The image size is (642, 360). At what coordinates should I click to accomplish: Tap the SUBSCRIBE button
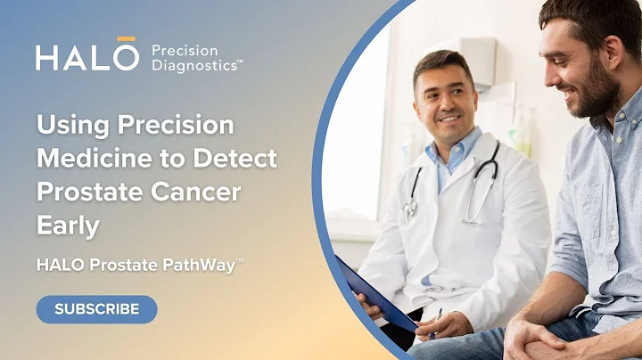pos(96,309)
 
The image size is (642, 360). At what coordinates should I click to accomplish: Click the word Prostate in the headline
pos(93,192)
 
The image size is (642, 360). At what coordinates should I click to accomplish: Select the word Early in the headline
pos(66,225)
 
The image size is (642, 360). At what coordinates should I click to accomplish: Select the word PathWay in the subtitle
pos(202,264)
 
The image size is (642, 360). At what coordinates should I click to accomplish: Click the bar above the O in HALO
pos(127,39)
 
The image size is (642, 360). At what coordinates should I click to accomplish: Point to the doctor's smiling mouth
pos(449,118)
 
